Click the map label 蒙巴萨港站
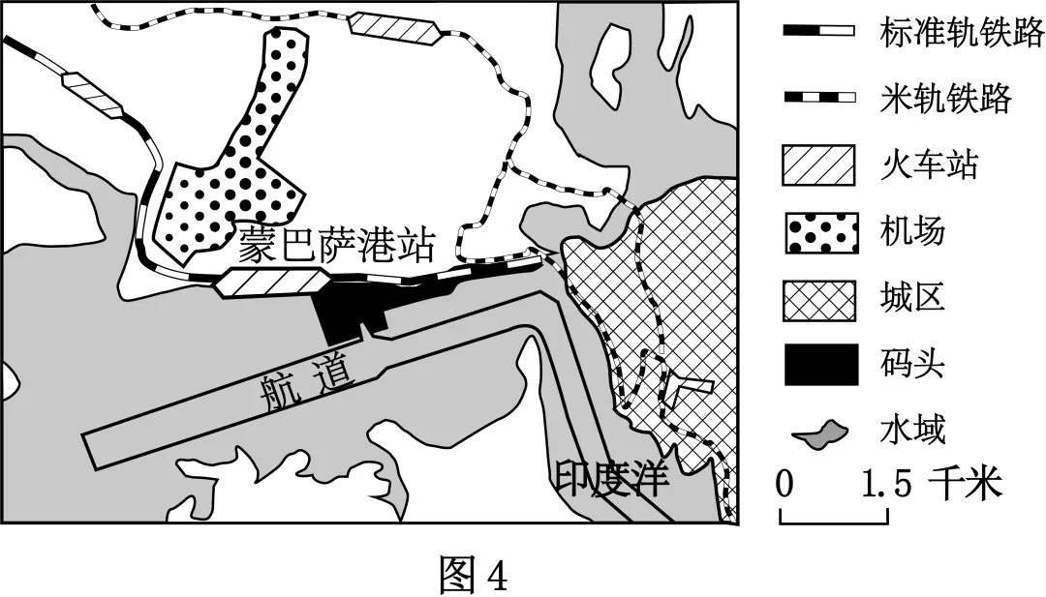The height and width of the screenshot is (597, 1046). (x=337, y=246)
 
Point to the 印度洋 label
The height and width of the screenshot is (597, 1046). (x=612, y=477)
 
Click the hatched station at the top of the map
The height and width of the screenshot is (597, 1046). (x=394, y=28)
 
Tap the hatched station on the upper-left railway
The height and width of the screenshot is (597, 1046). (x=92, y=95)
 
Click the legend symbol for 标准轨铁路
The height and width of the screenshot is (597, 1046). (x=819, y=31)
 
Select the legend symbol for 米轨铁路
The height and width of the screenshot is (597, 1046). (x=819, y=98)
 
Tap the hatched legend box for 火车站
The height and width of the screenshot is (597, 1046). (x=819, y=164)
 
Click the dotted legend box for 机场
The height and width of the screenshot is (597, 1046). (x=822, y=232)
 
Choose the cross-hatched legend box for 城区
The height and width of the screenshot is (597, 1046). (x=819, y=300)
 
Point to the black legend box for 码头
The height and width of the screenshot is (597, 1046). (x=821, y=365)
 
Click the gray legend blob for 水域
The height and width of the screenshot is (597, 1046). (x=820, y=434)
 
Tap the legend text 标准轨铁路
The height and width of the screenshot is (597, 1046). (x=962, y=31)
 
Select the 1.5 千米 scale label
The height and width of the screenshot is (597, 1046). (x=933, y=483)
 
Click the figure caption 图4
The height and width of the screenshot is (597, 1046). (x=474, y=573)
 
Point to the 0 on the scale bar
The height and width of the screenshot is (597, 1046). (x=785, y=483)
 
